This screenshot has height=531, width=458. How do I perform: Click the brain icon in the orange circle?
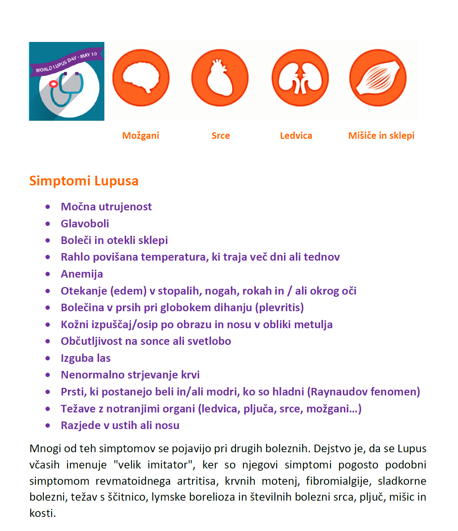pyautogui.click(x=141, y=78)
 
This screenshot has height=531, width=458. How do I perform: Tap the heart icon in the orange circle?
pyautogui.click(x=220, y=78)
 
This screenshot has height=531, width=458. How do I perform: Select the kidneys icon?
pyautogui.click(x=300, y=78)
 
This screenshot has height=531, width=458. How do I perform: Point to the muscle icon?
pyautogui.click(x=378, y=78)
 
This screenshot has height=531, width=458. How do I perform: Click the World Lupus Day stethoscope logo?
pyautogui.click(x=66, y=81)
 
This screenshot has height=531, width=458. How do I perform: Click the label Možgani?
pyautogui.click(x=141, y=136)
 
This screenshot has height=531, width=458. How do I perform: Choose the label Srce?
pyautogui.click(x=221, y=136)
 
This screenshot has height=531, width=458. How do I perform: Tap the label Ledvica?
pyautogui.click(x=296, y=136)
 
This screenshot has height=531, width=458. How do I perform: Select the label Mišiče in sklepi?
pyautogui.click(x=381, y=136)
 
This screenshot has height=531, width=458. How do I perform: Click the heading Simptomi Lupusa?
pyautogui.click(x=84, y=181)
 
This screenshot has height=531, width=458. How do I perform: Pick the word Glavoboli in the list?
pyautogui.click(x=85, y=223)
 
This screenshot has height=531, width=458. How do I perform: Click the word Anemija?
pyautogui.click(x=82, y=274)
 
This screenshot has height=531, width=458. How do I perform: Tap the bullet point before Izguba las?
pyautogui.click(x=48, y=358)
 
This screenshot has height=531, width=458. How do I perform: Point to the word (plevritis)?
pyautogui.click(x=280, y=308)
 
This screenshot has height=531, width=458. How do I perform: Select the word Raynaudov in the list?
pyautogui.click(x=339, y=392)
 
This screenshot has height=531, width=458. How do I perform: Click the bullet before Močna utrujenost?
pyautogui.click(x=48, y=207)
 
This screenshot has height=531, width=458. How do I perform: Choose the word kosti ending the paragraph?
pyautogui.click(x=42, y=513)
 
